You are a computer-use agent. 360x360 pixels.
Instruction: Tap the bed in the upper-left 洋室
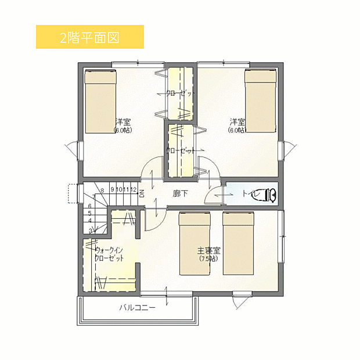coord(100,101)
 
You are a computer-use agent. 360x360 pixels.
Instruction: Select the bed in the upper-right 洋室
coord(260,101)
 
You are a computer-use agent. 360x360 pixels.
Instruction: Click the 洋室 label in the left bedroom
coord(123,122)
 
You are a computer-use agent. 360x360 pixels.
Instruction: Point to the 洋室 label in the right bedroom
coord(237,122)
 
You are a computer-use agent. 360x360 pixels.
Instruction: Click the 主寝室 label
coord(208,251)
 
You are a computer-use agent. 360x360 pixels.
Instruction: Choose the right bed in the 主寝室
coord(238,243)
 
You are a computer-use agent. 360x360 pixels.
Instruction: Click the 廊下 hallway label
coord(180,194)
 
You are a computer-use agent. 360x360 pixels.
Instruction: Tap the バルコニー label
coord(138,308)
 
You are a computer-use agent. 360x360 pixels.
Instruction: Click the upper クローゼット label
coord(181,93)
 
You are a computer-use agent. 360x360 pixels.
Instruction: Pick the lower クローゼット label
coord(181,150)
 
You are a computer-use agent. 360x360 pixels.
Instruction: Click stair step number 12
coord(134,190)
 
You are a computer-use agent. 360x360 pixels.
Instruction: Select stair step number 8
coord(102,190)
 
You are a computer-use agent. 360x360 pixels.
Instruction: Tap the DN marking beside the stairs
coord(142,193)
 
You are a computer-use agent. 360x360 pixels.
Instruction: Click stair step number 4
coord(90,221)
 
